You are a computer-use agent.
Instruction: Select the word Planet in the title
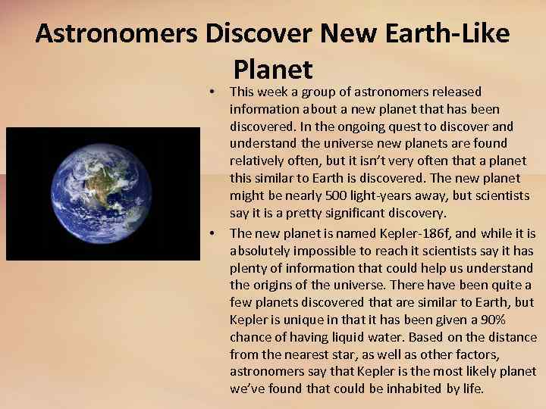[x=273, y=69]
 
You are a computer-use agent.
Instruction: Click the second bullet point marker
[x=213, y=233]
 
